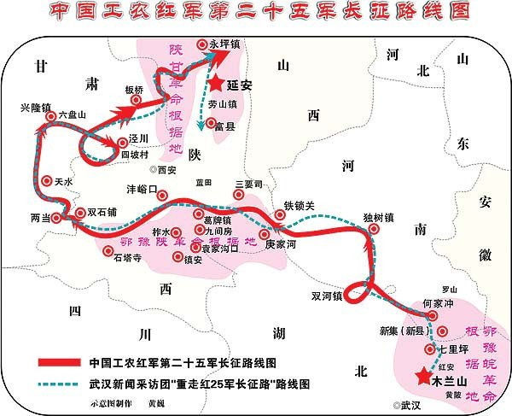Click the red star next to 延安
[x=218, y=83]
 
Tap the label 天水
[x=64, y=181]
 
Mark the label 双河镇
[x=328, y=296]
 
